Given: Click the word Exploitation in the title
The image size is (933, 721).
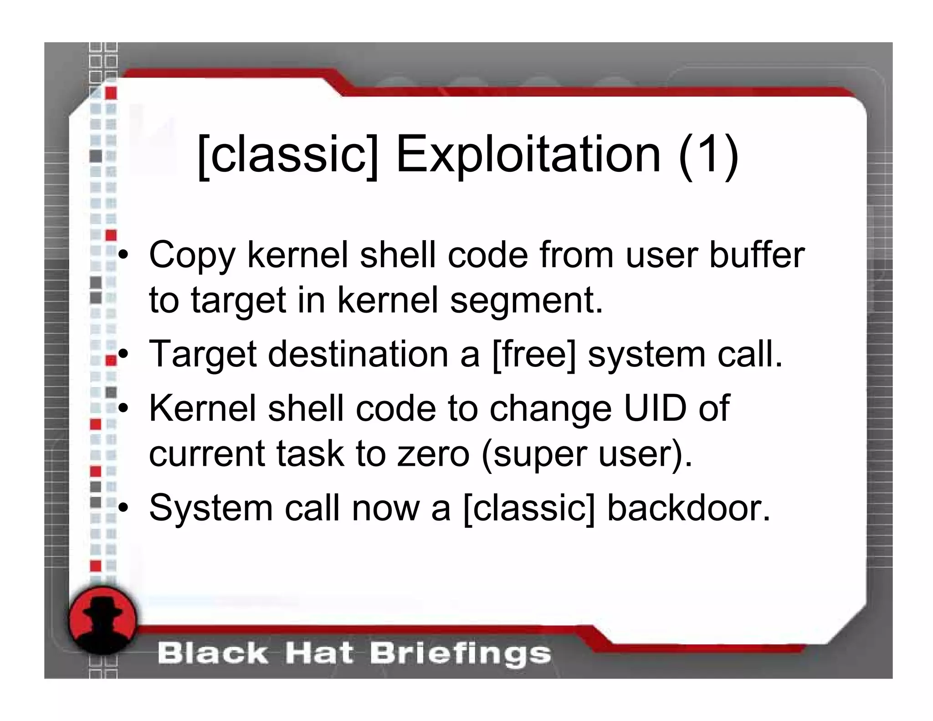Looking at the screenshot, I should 528,155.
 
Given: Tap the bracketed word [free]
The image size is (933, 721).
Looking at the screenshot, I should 534,354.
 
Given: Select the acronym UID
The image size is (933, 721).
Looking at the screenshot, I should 655,408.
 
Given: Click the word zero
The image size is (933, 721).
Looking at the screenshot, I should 433,454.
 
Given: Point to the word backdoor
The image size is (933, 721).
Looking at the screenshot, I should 689,508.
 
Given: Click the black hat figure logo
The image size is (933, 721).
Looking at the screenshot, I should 103,619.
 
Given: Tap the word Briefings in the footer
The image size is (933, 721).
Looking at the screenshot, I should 460,654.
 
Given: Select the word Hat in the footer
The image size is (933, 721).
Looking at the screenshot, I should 319,654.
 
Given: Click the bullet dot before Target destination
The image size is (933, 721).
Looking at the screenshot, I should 122,355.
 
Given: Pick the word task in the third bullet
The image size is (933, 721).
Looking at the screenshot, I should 310,454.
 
